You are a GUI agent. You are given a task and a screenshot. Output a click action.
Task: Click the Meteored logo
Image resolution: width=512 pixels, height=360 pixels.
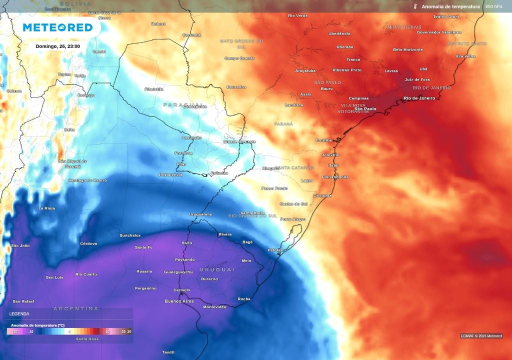tap(57, 27)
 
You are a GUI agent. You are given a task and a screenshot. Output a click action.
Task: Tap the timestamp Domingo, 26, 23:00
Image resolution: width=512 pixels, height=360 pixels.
tap(57, 46)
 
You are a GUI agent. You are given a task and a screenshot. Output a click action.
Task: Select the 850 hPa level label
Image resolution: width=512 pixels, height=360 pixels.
tap(493, 6)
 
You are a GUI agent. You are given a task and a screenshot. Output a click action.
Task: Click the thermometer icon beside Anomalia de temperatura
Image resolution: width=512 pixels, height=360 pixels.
tap(415, 6)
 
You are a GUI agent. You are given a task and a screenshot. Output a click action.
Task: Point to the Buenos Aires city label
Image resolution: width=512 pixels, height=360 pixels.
tap(179, 301)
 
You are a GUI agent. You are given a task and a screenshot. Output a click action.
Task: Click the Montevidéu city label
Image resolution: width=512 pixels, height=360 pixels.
tap(214, 306)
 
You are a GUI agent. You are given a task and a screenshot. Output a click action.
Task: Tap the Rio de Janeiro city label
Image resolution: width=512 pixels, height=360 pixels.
tap(419, 98)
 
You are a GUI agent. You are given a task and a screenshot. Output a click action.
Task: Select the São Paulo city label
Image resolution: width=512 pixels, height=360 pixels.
tap(365, 108)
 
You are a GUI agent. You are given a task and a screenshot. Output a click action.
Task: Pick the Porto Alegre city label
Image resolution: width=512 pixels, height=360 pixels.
tap(292, 219)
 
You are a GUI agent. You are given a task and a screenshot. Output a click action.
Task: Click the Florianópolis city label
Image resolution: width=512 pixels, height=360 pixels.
tap(334, 176)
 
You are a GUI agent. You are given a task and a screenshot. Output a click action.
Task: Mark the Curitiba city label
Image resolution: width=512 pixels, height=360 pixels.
tap(323, 140)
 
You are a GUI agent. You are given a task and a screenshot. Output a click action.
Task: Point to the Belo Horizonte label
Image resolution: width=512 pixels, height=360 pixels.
tap(407, 49)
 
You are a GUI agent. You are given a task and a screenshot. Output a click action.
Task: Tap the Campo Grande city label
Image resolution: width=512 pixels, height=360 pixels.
tap(239, 58)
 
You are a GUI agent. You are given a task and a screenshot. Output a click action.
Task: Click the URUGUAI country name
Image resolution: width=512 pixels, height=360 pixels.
tap(216, 269)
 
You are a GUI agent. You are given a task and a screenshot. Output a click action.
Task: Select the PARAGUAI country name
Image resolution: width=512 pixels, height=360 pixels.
tap(183, 104)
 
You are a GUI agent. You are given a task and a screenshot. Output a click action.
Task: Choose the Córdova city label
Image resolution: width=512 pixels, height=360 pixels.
tap(88, 243)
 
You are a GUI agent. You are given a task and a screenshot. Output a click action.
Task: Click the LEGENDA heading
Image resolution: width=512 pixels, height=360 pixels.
tap(19, 314)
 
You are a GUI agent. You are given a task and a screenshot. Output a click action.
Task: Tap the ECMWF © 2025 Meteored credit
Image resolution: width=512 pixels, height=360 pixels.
tap(481, 335)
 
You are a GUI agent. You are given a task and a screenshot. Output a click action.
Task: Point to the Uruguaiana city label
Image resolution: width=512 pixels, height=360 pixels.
tap(200, 214)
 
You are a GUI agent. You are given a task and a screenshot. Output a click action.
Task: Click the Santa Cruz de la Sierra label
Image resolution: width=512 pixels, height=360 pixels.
tap(104, 14)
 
